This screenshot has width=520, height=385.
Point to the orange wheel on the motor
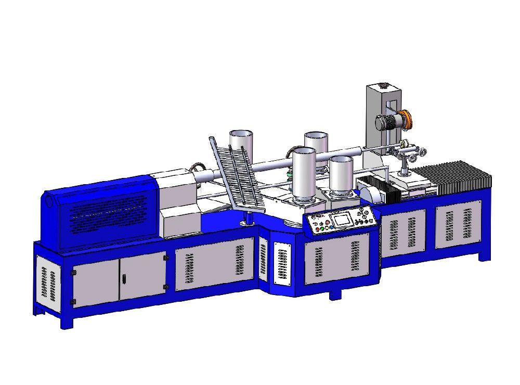coord(409,119)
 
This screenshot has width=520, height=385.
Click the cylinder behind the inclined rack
coord(242,143)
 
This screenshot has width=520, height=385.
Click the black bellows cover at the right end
coord(458,177)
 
